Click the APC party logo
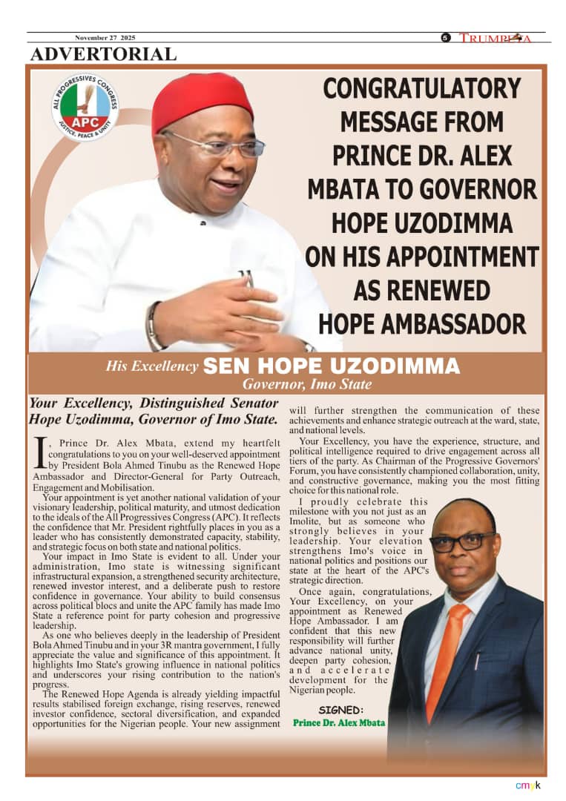click(85, 108)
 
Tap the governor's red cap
click(202, 102)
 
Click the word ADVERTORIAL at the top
click(103, 54)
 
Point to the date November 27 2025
click(105, 38)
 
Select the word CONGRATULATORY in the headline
click(422, 89)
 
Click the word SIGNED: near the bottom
click(342, 709)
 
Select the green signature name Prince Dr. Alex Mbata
click(339, 722)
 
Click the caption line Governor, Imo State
click(307, 384)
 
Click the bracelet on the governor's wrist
click(153, 326)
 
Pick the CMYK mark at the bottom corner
click(528, 785)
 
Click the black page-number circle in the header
click(446, 38)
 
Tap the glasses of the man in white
click(223, 145)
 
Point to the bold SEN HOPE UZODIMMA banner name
click(332, 366)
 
